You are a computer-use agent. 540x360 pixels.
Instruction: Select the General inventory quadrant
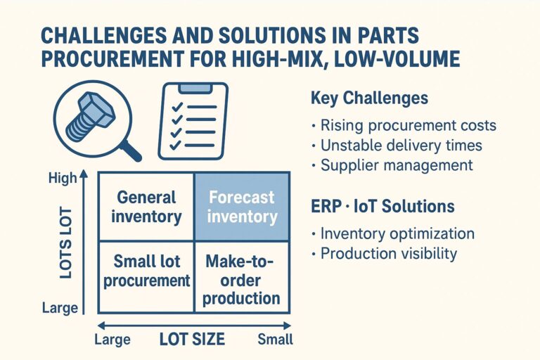point(146,207)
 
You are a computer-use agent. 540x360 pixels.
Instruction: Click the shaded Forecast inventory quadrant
point(242,207)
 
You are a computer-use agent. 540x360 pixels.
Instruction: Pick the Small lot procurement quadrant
point(146,271)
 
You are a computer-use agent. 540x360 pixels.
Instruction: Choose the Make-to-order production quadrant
point(242,279)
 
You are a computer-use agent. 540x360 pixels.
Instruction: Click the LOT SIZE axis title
point(192,340)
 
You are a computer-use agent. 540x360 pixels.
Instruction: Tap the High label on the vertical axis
point(63,179)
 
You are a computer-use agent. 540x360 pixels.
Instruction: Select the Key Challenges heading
point(368,98)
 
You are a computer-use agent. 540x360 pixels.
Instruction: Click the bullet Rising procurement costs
point(408,126)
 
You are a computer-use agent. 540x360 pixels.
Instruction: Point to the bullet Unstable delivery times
point(401,146)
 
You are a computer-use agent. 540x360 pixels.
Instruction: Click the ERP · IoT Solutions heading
point(382,207)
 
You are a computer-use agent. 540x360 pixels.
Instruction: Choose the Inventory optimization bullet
point(397,233)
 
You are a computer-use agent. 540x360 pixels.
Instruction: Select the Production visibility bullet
point(389,253)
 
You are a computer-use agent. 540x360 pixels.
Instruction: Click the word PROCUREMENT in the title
point(102,59)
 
